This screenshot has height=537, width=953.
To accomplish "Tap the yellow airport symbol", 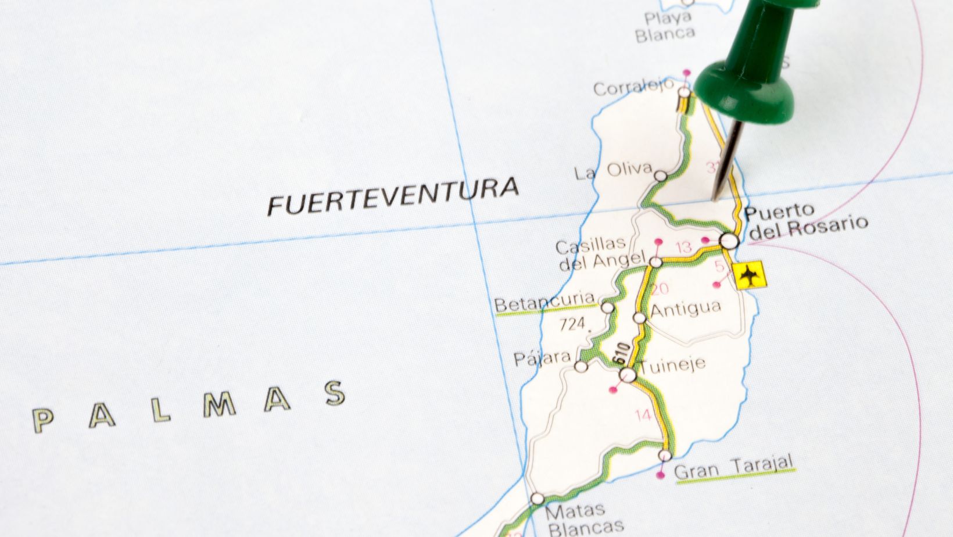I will (x=750, y=275).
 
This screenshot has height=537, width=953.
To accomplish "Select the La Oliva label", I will (x=613, y=171).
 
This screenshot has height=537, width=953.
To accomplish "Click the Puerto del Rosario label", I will (x=805, y=221).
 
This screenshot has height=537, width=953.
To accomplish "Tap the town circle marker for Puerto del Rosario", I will (x=729, y=240).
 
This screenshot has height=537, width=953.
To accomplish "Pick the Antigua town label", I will (x=686, y=308).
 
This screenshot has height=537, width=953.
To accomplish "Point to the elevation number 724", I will (x=574, y=324).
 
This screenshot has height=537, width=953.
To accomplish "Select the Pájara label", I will (x=542, y=357).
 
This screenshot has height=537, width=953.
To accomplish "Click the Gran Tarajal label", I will (x=733, y=468).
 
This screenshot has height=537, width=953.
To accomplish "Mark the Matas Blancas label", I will (x=577, y=519).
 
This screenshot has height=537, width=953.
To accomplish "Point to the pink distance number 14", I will (x=643, y=415).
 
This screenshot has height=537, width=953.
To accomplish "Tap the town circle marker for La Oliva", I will (x=661, y=176).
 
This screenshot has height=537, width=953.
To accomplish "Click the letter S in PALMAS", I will (x=335, y=393).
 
